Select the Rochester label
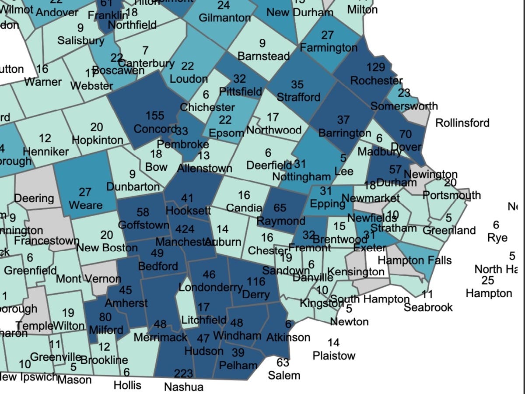click(x=376, y=81)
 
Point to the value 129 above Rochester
click(x=375, y=67)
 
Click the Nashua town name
click(x=184, y=387)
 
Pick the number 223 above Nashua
click(x=183, y=373)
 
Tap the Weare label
click(x=86, y=205)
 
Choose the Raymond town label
click(x=281, y=221)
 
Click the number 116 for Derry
click(x=256, y=281)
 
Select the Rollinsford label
click(x=462, y=123)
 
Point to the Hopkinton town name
click(x=98, y=140)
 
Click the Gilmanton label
click(x=224, y=18)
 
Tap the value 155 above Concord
click(x=155, y=116)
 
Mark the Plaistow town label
click(x=334, y=355)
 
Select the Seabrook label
click(x=428, y=307)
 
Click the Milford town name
click(x=105, y=329)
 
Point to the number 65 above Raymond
click(x=280, y=208)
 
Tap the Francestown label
click(x=46, y=241)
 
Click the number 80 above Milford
click(x=105, y=317)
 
